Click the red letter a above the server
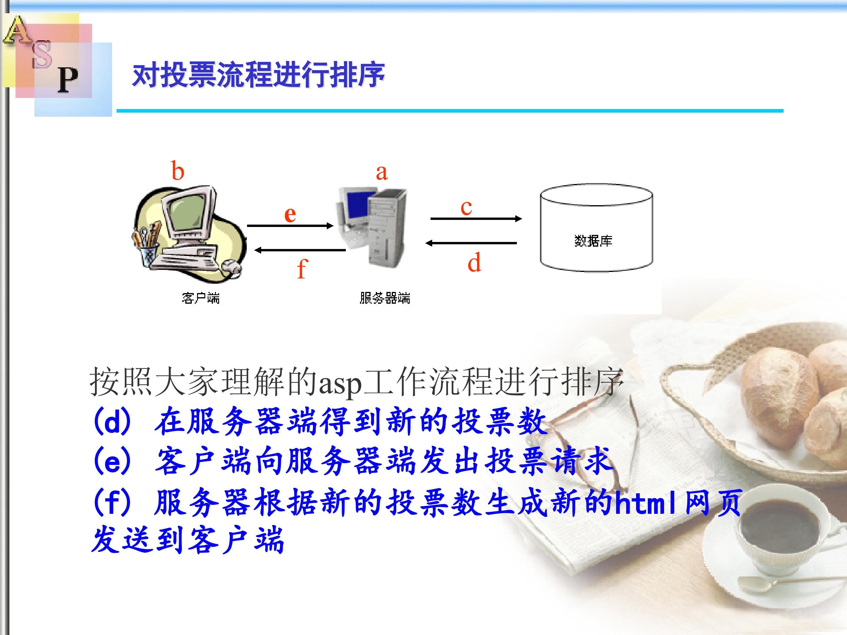pyautogui.click(x=382, y=173)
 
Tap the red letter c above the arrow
pyautogui.click(x=466, y=208)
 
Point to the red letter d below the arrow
pyautogui.click(x=474, y=262)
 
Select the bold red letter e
pyautogui.click(x=290, y=214)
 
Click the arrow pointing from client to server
pyautogui.click(x=290, y=226)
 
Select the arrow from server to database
pyautogui.click(x=476, y=218)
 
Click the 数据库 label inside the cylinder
pyautogui.click(x=593, y=241)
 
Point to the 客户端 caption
pyautogui.click(x=201, y=298)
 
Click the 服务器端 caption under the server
pyautogui.click(x=385, y=298)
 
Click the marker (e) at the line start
pyautogui.click(x=113, y=461)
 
